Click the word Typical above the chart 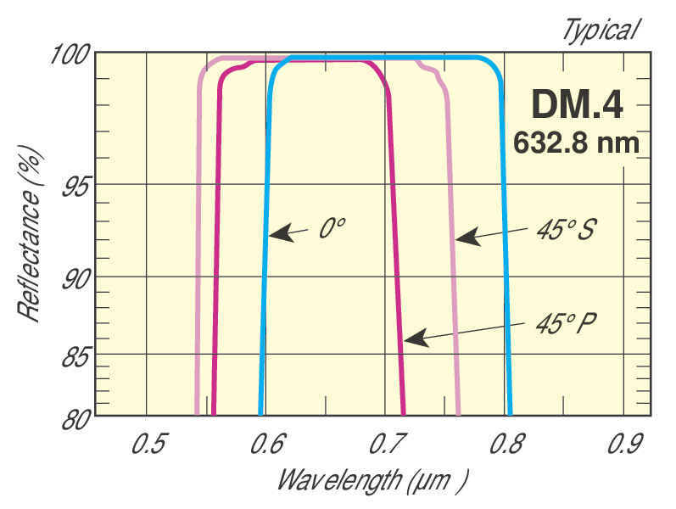[599, 31]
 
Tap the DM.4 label [577, 104]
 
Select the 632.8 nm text [576, 140]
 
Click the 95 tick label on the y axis [75, 185]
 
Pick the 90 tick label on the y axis [75, 277]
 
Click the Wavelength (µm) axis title [372, 480]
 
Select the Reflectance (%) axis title [31, 231]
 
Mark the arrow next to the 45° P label [467, 333]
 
